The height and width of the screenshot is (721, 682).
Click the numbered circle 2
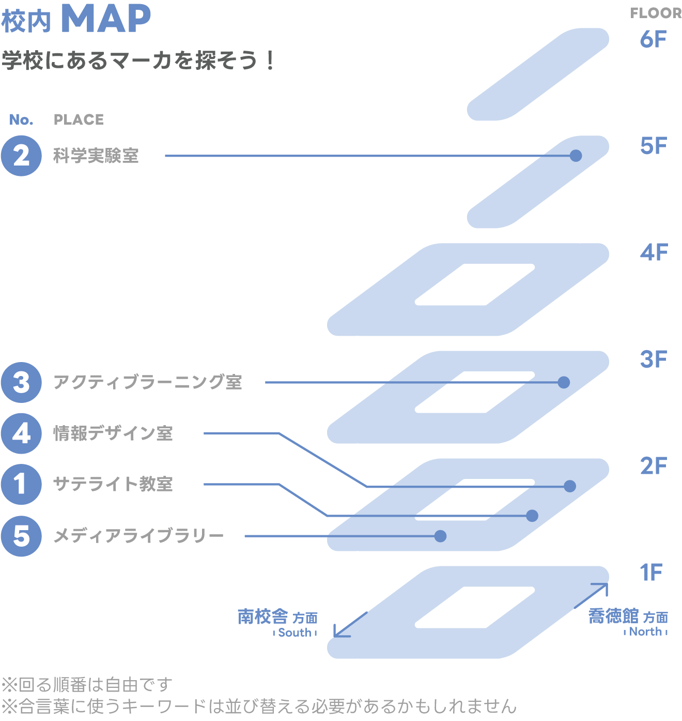(21, 156)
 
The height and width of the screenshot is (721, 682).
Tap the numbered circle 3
(21, 383)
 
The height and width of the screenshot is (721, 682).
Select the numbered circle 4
(21, 433)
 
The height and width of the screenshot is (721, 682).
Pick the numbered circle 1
(21, 485)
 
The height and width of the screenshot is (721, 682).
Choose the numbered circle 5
(21, 536)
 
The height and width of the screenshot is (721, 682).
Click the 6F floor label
(654, 39)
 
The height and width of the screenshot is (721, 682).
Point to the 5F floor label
(654, 145)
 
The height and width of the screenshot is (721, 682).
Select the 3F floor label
(654, 359)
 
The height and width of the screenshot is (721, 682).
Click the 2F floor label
(654, 465)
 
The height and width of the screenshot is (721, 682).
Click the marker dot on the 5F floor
(576, 156)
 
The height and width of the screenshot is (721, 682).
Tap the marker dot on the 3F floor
(564, 383)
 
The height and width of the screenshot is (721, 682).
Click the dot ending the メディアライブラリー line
(440, 536)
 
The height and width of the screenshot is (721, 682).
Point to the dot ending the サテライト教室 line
(532, 516)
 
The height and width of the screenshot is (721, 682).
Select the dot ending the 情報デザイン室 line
(570, 486)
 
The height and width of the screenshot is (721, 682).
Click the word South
(295, 633)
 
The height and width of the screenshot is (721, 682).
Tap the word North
(645, 632)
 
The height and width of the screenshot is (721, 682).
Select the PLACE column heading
(79, 120)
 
